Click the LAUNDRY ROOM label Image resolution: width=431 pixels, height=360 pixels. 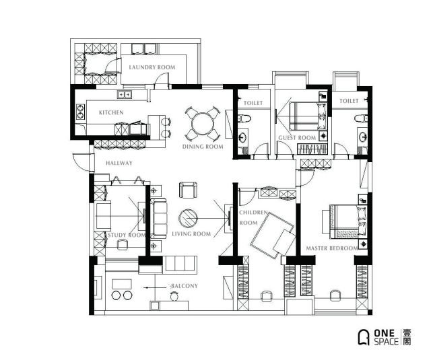[x=152, y=67]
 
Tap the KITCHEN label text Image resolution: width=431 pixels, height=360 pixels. [x=111, y=112]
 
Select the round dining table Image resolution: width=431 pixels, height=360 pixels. [x=203, y=124]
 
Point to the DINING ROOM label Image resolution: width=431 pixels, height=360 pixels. [x=203, y=147]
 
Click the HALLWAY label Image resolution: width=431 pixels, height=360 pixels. [x=119, y=163]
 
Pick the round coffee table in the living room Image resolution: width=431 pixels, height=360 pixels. [x=188, y=219]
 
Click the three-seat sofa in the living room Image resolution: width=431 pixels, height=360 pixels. [x=159, y=218]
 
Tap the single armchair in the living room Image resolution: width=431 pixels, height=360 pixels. [x=188, y=190]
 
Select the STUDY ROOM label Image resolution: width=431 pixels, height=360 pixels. [x=127, y=235]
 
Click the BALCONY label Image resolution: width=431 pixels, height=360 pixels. [x=184, y=286]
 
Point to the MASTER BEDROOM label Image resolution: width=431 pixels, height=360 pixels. [x=332, y=248]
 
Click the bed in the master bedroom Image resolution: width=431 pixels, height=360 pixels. [x=348, y=222]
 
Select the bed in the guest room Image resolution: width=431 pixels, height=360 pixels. [x=308, y=116]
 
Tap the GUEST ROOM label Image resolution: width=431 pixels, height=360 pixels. [x=297, y=138]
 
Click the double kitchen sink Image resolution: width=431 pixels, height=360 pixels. [x=125, y=95]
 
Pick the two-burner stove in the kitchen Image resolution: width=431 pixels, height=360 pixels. [x=80, y=112]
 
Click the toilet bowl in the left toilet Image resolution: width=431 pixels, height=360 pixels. [x=244, y=118]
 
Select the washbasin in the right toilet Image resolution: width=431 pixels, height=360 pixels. [x=362, y=137]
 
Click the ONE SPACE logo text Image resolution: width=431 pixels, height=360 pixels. [x=386, y=337]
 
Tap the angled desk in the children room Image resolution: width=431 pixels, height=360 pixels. [x=272, y=236]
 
